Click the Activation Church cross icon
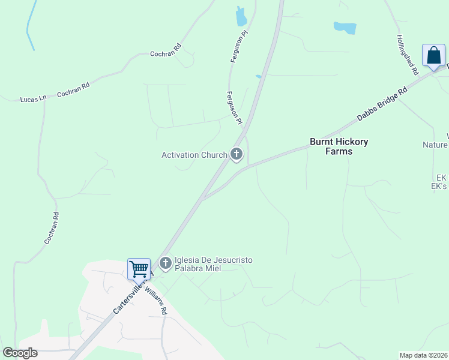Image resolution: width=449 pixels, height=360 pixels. (x=237, y=155)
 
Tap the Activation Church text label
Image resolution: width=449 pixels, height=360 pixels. (x=194, y=155)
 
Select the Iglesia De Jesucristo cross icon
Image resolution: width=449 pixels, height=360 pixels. (x=165, y=263)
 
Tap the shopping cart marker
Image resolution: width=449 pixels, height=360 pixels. (x=139, y=269)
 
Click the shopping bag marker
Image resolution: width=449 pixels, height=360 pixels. (x=433, y=56)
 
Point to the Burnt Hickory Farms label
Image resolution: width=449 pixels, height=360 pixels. (x=339, y=146)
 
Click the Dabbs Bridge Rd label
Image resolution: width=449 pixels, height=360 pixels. (x=382, y=104)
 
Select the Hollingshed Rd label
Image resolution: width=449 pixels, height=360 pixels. (x=407, y=54)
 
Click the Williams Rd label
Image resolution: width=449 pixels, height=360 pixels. (x=158, y=298)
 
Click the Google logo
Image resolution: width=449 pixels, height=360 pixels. (x=20, y=353)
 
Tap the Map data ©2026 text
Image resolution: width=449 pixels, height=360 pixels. (x=423, y=355)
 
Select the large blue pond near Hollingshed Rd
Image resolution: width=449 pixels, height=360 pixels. (x=345, y=28)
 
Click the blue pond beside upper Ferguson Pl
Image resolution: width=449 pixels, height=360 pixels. (x=241, y=16)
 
